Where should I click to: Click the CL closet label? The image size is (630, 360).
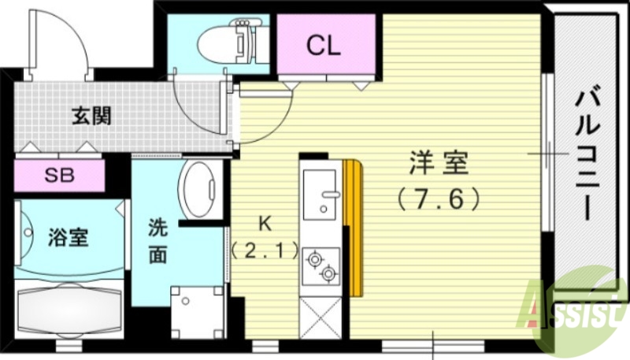coord(324,46)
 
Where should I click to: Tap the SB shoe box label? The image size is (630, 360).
coord(59,175)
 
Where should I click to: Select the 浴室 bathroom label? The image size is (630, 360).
coord(68,237)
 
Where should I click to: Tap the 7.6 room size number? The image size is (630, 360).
coord(439,198)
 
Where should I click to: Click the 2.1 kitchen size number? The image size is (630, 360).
coord(265,252)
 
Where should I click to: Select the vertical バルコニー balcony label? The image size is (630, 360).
coord(590,154)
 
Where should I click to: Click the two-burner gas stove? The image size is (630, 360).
coord(321,265)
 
